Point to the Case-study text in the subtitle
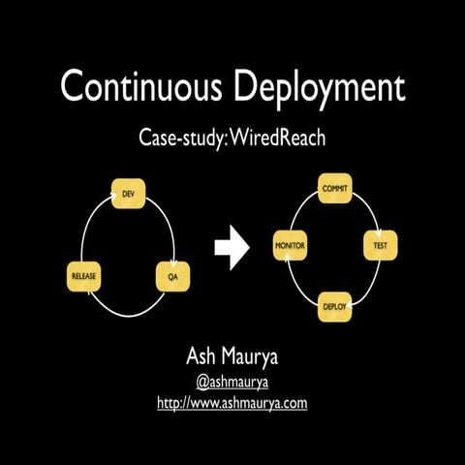point(185,138)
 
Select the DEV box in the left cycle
point(128,195)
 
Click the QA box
point(170,277)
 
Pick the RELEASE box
point(83,277)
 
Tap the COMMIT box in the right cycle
point(335,187)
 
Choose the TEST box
point(380,246)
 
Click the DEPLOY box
point(335,307)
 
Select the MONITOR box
point(291,246)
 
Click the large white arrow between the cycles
point(232,248)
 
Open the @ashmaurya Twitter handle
point(232,381)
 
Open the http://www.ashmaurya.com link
point(232,402)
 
